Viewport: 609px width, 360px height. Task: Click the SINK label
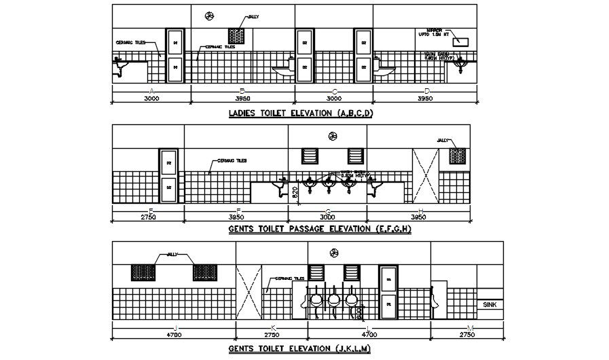490,305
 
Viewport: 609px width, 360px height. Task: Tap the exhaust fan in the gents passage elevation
333,136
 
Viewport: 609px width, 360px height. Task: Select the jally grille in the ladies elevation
236,36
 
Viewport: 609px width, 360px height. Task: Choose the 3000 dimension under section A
151,98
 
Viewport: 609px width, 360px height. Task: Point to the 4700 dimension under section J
174,335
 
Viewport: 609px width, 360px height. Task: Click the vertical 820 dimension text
294,192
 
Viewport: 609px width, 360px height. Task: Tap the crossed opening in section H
425,175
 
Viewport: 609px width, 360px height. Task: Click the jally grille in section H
457,156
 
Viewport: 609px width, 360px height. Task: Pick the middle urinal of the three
333,300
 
